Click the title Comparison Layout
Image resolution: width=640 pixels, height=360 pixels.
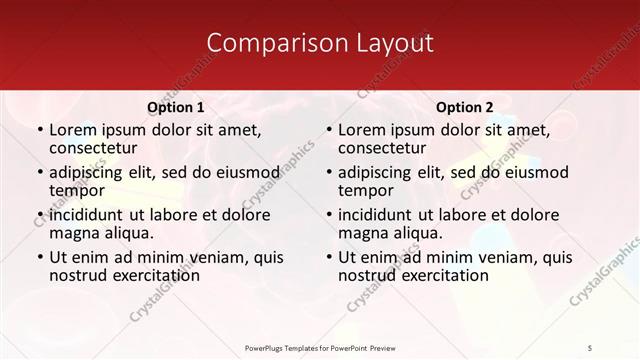pyautogui.click(x=320, y=43)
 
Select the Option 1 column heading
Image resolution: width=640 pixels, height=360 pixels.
pyautogui.click(x=175, y=107)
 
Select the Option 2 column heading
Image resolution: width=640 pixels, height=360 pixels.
pyautogui.click(x=464, y=107)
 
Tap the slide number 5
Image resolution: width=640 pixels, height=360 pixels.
pyautogui.click(x=590, y=347)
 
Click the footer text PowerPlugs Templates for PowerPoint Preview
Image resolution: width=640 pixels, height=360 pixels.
pyautogui.click(x=320, y=347)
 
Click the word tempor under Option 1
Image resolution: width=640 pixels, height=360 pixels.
pyautogui.click(x=77, y=190)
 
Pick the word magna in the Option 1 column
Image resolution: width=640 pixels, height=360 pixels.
pyautogui.click(x=73, y=233)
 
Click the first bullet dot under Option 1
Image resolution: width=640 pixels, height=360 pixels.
pyautogui.click(x=40, y=130)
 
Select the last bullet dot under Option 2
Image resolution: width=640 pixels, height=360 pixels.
pyautogui.click(x=328, y=258)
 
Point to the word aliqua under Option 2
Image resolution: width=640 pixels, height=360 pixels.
pyautogui.click(x=418, y=233)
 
